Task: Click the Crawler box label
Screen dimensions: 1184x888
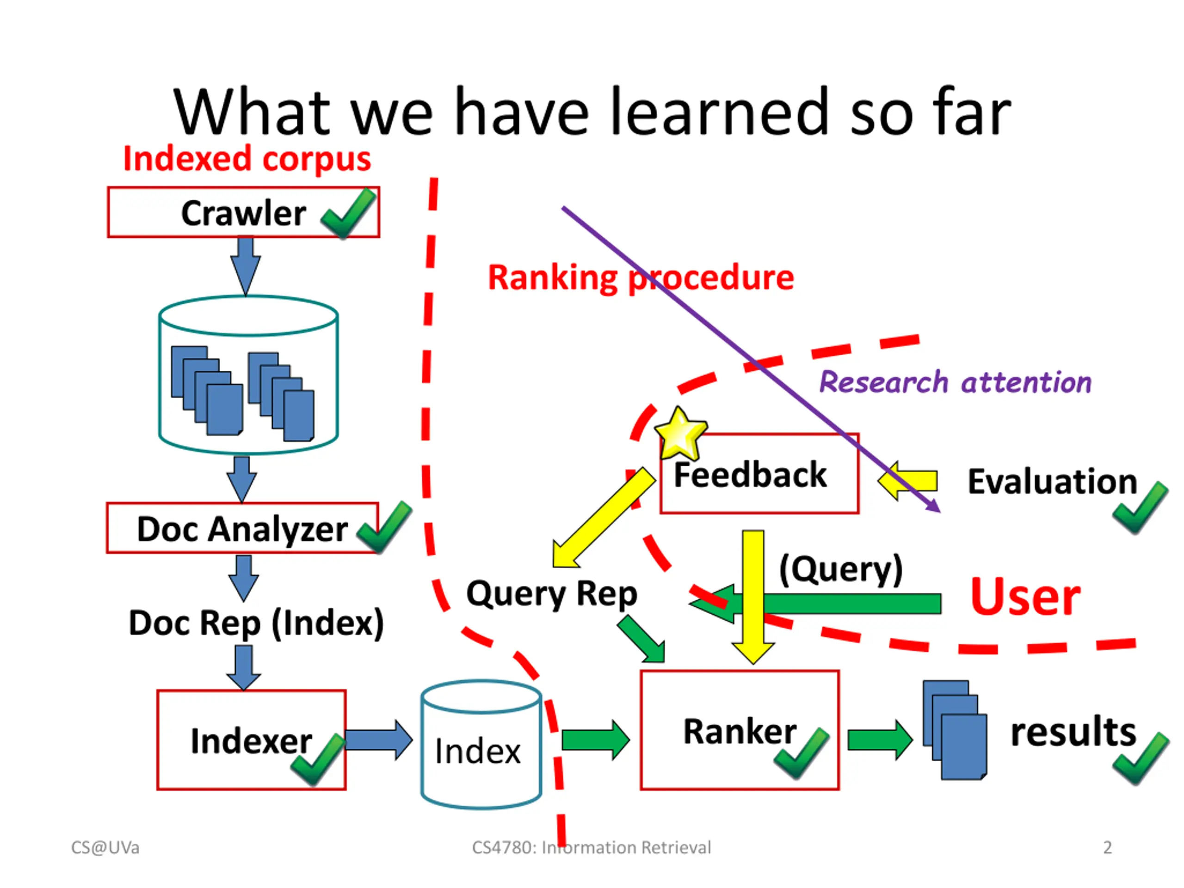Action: pyautogui.click(x=244, y=213)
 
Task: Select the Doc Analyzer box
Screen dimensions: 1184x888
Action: pyautogui.click(x=242, y=528)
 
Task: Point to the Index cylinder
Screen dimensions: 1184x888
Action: pyautogui.click(x=481, y=745)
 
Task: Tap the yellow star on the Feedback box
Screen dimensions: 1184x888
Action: pyautogui.click(x=680, y=433)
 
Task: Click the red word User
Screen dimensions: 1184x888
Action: pyautogui.click(x=1025, y=596)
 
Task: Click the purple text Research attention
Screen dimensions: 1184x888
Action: pyautogui.click(x=956, y=382)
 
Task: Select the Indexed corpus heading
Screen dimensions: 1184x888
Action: pyautogui.click(x=247, y=160)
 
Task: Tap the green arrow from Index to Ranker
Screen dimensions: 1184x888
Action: pyautogui.click(x=596, y=740)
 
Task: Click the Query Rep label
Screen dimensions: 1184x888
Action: pyautogui.click(x=552, y=594)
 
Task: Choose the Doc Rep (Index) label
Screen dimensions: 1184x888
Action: pyautogui.click(x=256, y=623)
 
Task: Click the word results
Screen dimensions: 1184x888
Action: pyautogui.click(x=1073, y=731)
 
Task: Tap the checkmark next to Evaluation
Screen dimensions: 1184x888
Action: pyautogui.click(x=1140, y=507)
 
